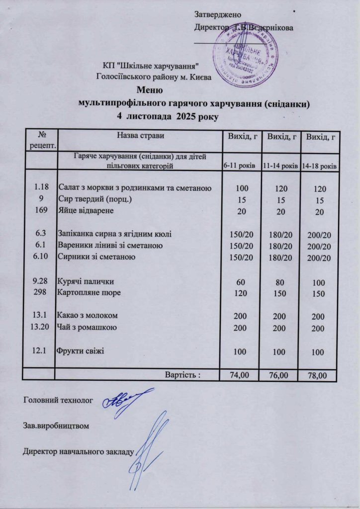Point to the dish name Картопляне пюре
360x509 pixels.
point(90,293)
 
